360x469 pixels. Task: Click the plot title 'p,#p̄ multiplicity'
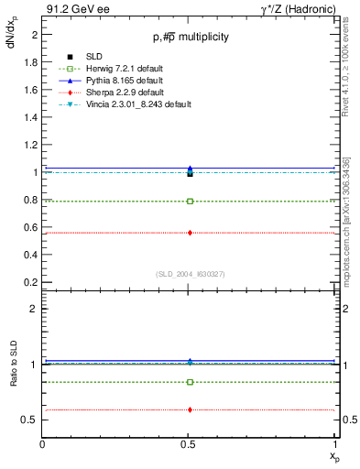(x=191, y=37)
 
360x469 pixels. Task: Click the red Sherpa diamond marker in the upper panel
(x=190, y=233)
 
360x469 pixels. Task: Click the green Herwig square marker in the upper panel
(x=190, y=201)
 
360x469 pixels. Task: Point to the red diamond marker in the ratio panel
(x=190, y=409)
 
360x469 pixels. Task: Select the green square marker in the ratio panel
(x=190, y=382)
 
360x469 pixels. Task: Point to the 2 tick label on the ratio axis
(x=34, y=310)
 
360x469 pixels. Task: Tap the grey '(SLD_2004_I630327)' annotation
(x=190, y=273)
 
